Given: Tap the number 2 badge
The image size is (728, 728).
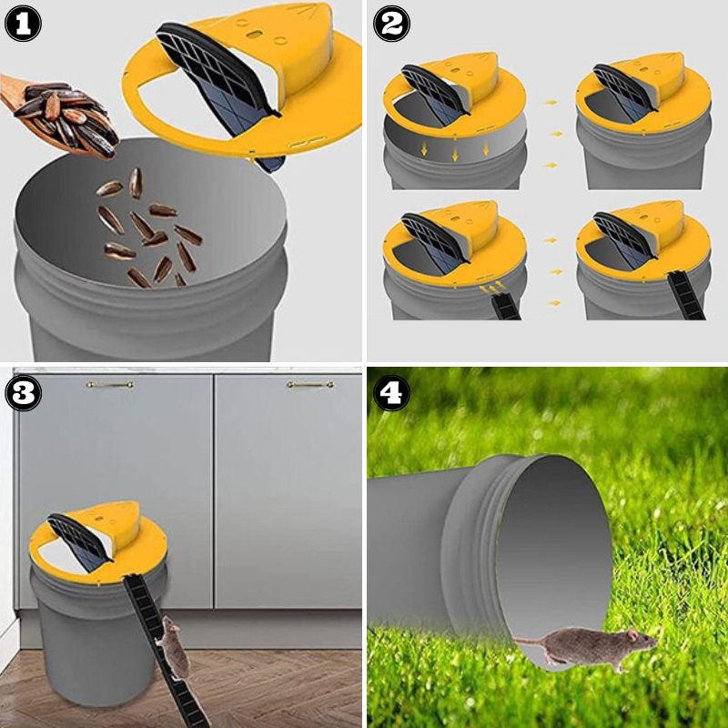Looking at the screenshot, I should tap(391, 24).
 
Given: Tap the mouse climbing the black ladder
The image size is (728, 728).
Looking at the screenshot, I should tap(172, 648).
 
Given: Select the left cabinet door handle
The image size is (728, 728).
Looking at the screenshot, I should tap(110, 385).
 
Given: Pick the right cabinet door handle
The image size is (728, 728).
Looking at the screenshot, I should tap(309, 385).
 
